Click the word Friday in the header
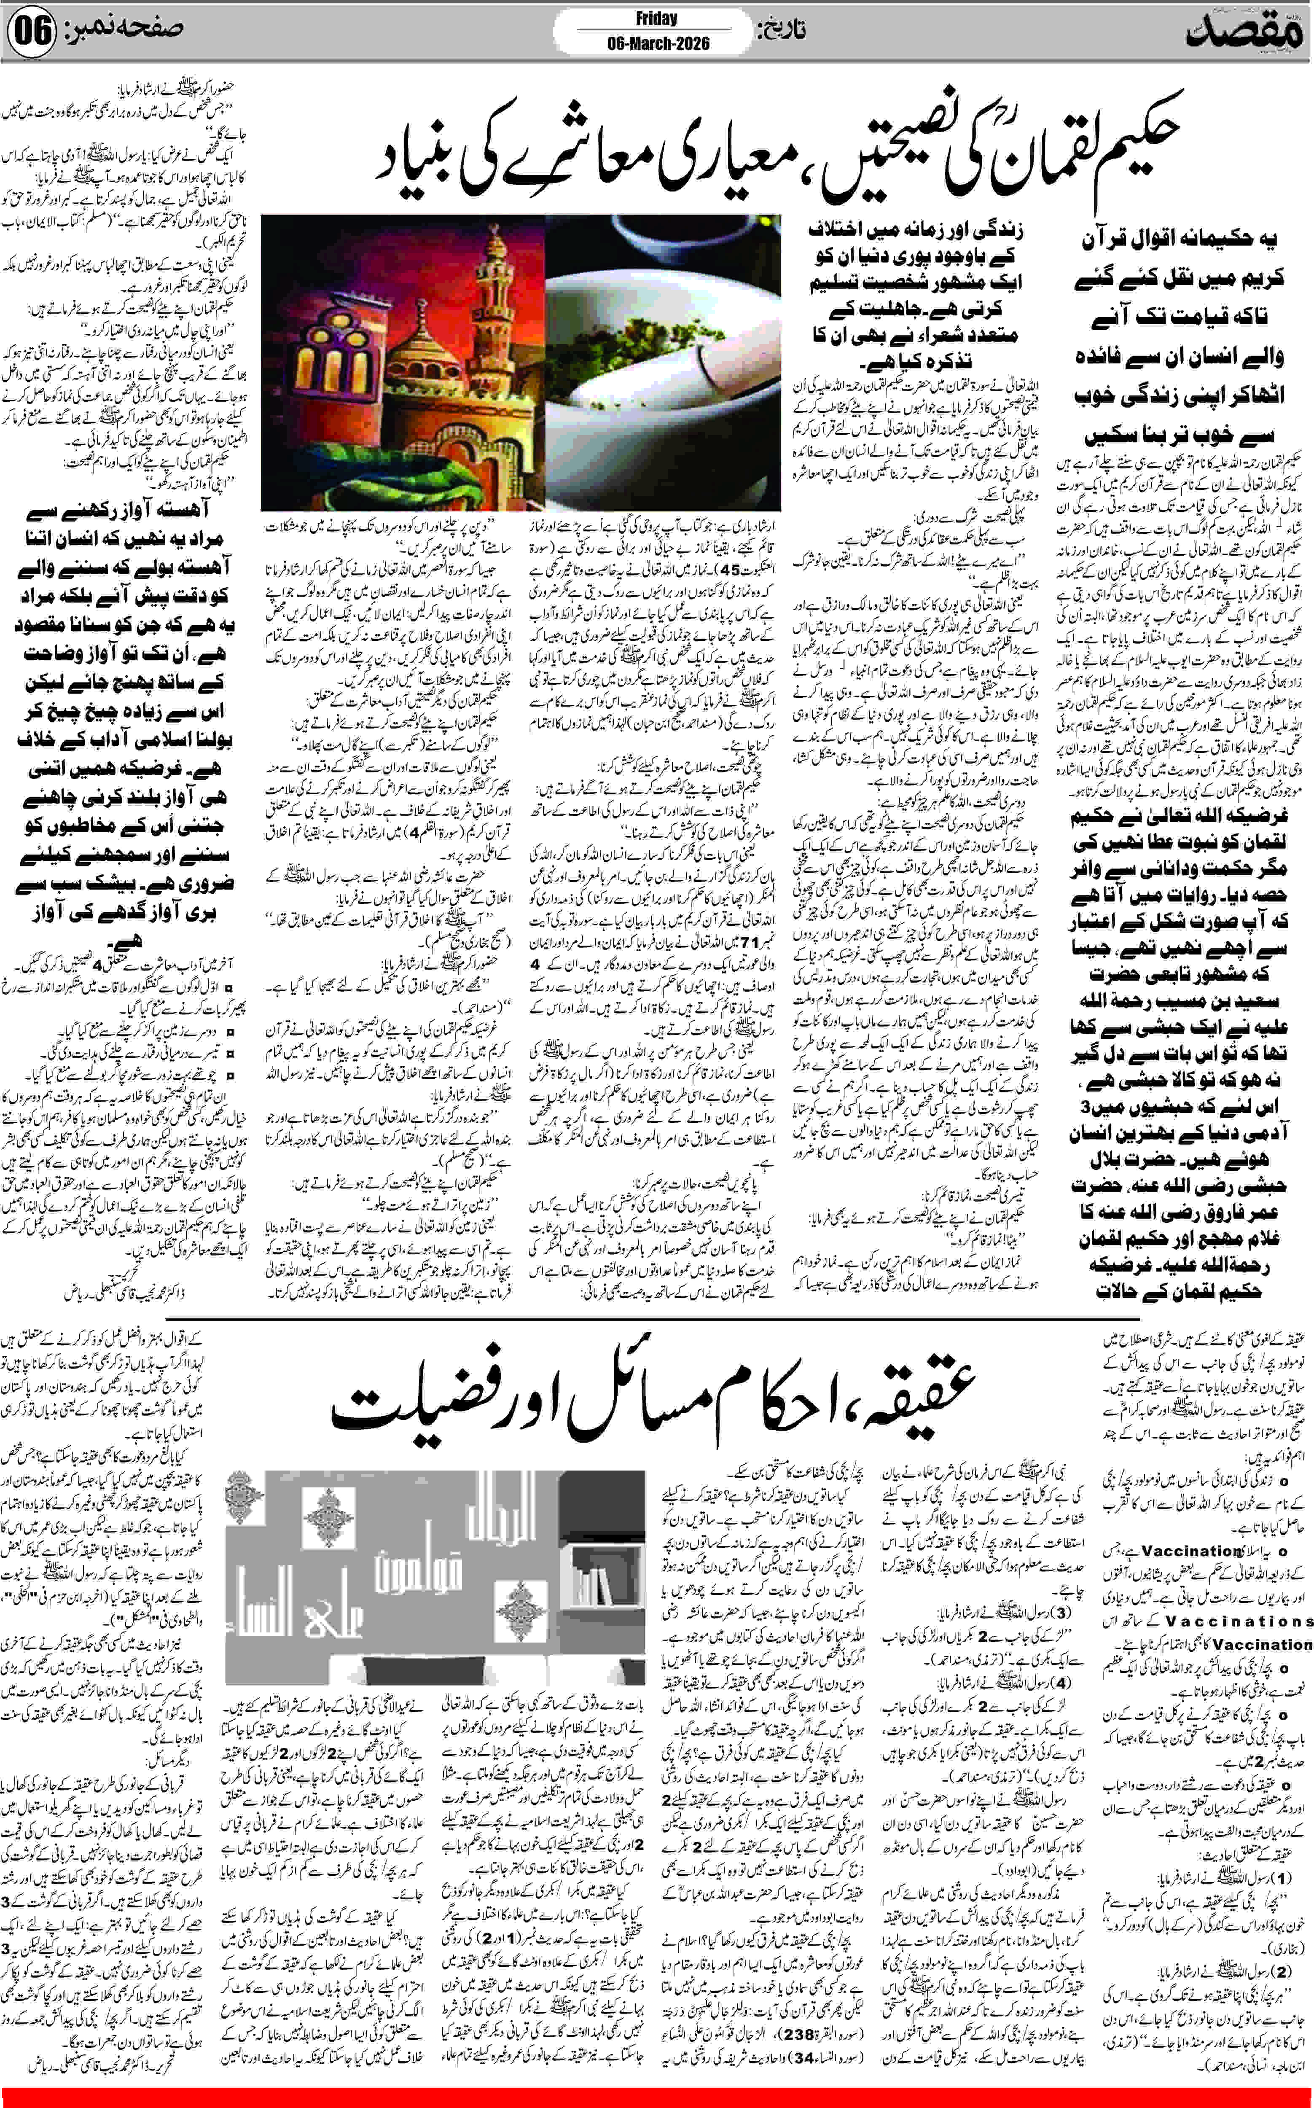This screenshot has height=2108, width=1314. click(656, 18)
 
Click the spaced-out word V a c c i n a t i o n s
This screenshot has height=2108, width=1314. click(1239, 1621)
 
